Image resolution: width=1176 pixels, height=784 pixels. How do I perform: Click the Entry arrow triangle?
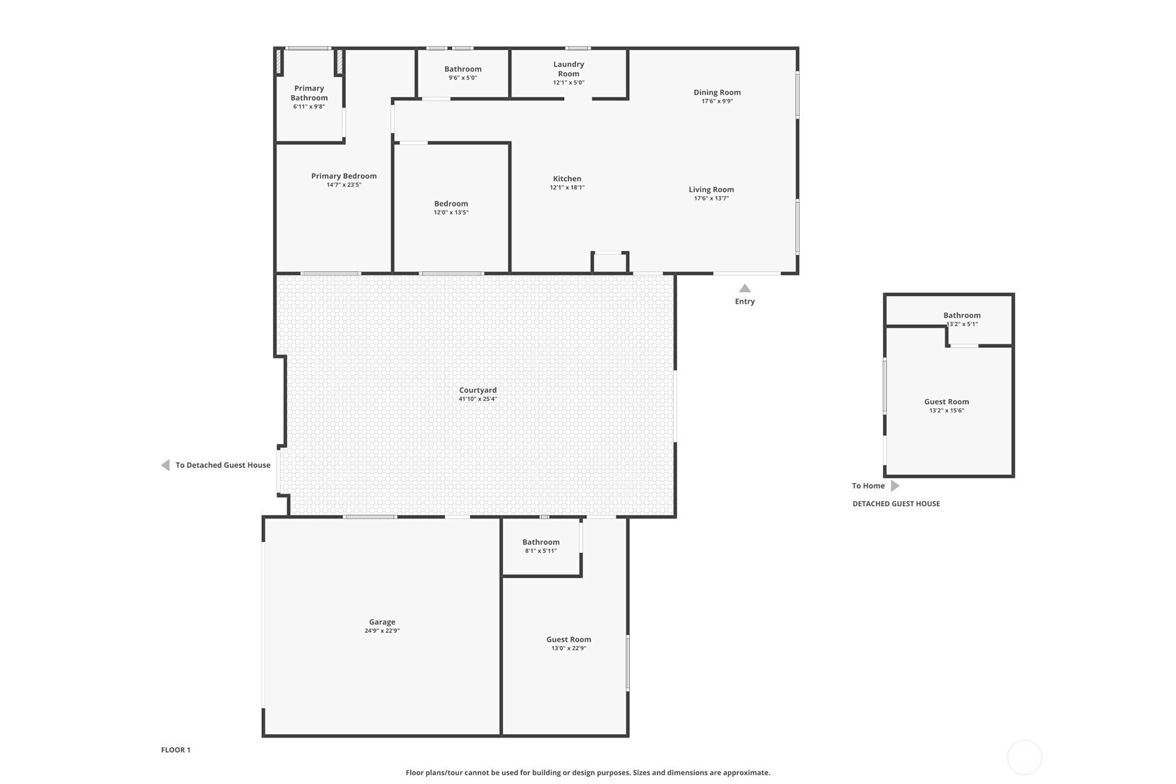click(744, 288)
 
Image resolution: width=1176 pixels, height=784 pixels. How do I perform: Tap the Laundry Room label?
click(568, 69)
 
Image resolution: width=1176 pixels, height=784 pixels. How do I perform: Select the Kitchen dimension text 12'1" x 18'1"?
click(567, 187)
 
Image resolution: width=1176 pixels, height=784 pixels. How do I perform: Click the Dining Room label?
click(717, 92)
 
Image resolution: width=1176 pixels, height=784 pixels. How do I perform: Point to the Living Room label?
click(712, 189)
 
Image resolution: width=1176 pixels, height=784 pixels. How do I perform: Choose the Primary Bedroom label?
click(344, 176)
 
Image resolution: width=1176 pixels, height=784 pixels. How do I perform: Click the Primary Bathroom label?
click(309, 93)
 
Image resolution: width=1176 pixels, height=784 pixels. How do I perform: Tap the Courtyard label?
click(477, 390)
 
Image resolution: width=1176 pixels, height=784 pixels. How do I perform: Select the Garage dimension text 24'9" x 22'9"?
click(383, 631)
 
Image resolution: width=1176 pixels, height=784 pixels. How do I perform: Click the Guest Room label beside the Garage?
click(568, 639)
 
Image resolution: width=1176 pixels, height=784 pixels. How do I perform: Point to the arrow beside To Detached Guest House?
click(166, 465)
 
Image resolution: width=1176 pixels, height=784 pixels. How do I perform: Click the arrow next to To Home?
click(895, 486)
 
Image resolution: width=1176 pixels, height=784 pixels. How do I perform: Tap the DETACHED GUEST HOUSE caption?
click(896, 503)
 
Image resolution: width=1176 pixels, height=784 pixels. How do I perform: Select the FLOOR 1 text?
click(176, 750)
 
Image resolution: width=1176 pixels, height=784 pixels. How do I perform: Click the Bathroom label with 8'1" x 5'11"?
click(541, 542)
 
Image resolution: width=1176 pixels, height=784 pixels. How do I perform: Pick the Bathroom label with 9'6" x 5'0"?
click(463, 69)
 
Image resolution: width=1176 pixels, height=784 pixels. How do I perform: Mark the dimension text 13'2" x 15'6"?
click(947, 410)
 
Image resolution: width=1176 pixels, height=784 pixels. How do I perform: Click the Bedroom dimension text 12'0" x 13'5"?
click(451, 213)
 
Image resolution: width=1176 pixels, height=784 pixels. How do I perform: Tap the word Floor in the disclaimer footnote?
click(414, 772)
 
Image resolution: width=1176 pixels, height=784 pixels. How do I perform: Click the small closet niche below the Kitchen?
click(610, 263)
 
